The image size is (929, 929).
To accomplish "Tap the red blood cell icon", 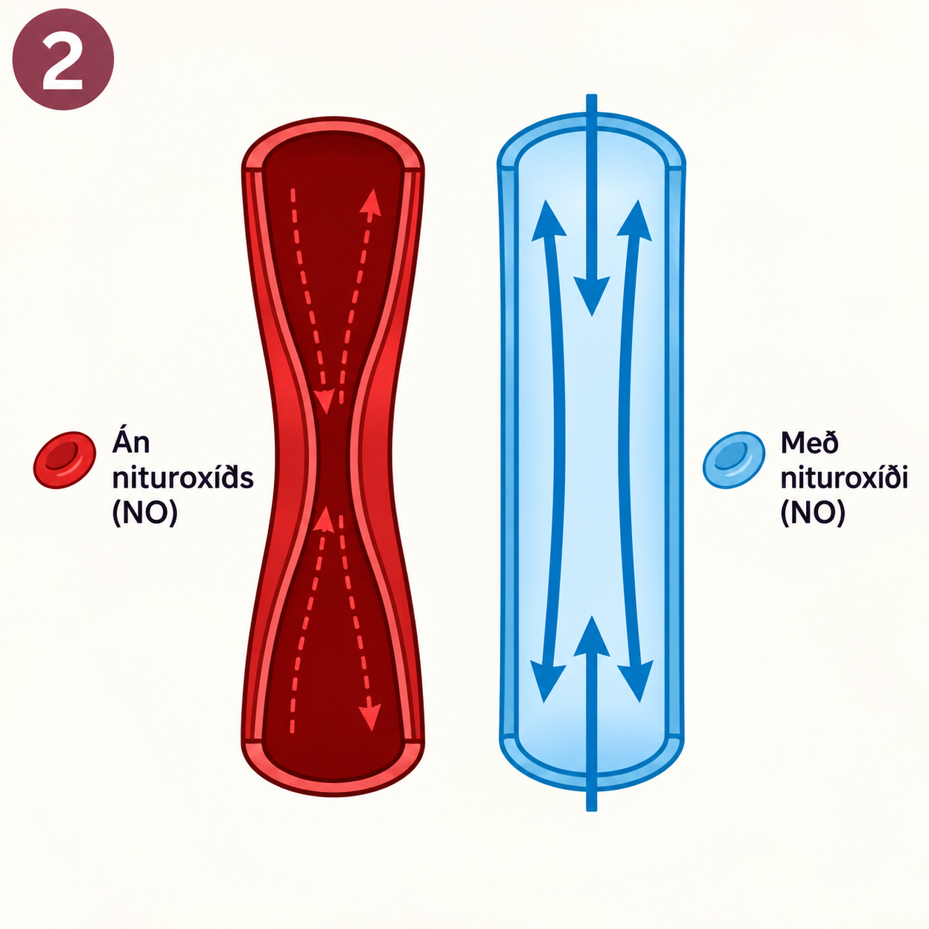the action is point(64,459).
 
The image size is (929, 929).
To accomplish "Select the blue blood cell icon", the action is point(733,459).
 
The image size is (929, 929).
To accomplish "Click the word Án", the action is point(131,442).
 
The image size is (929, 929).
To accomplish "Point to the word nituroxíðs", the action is point(183,479).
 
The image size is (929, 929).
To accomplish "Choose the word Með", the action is point(810,443).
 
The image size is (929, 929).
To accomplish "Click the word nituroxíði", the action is point(844,479).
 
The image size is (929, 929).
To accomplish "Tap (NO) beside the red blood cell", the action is point(144,513).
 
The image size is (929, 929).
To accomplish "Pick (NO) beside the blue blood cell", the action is point(813,513).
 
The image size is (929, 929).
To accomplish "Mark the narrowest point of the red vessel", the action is point(333,463).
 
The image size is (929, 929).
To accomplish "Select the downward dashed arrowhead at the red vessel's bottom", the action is point(370,716).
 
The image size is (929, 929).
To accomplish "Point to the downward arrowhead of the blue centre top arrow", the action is point(591,295).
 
